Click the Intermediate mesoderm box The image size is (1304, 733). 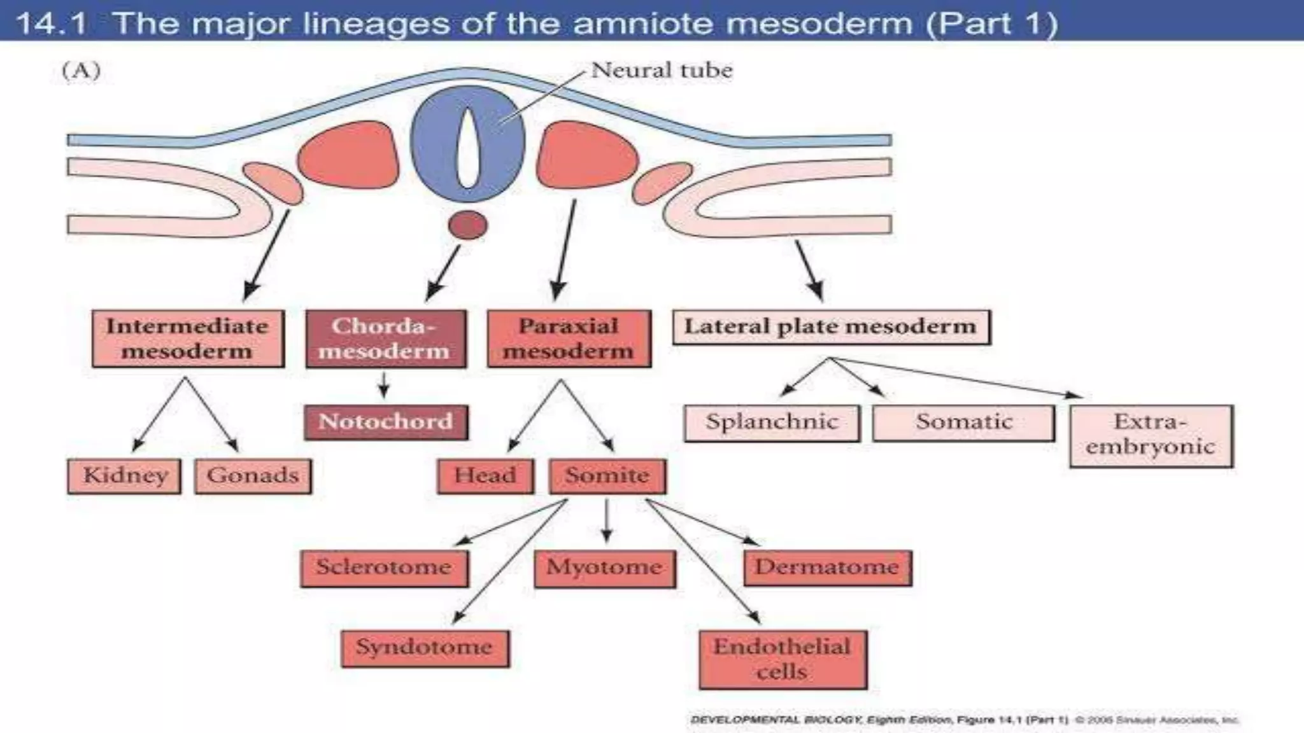pos(188,339)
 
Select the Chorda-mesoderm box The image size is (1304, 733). pos(386,339)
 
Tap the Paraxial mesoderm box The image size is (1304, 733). pos(569,339)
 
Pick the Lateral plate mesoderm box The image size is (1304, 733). pos(831,327)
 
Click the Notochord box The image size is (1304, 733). pos(386,422)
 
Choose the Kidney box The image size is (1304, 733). pos(124,476)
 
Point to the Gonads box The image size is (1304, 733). pos(253,476)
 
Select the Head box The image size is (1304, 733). pos(485,476)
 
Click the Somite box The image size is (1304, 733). pos(607,476)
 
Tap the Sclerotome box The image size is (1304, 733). pos(384,568)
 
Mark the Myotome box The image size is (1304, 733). pos(605,568)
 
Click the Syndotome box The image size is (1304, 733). pos(425,648)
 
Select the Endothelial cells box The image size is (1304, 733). pos(783,659)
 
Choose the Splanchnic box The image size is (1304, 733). pos(772,422)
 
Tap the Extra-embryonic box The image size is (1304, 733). pos(1151,435)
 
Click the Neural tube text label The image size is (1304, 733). pos(662,70)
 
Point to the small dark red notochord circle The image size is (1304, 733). pos(468,225)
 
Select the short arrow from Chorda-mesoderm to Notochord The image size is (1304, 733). pos(384,384)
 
